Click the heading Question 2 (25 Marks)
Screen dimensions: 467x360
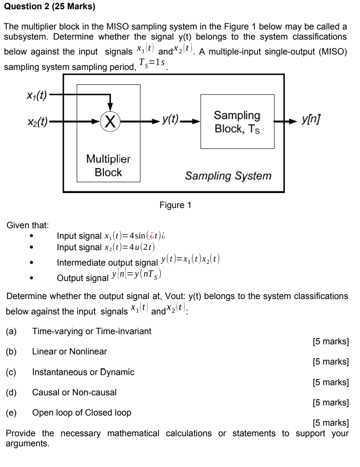click(x=49, y=7)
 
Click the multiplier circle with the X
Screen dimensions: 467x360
click(x=110, y=120)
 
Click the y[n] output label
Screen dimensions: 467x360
click(x=311, y=120)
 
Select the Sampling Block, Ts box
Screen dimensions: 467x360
click(x=237, y=121)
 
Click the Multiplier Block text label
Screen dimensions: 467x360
click(x=108, y=165)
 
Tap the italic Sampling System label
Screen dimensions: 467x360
click(x=228, y=176)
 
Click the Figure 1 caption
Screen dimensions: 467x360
click(x=175, y=205)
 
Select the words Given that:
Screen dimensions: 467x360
click(x=27, y=225)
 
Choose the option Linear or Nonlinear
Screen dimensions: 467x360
click(x=70, y=351)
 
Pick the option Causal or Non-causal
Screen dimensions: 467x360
click(x=74, y=392)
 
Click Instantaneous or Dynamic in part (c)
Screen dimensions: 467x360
click(x=83, y=372)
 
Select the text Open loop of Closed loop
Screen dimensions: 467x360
click(x=81, y=412)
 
